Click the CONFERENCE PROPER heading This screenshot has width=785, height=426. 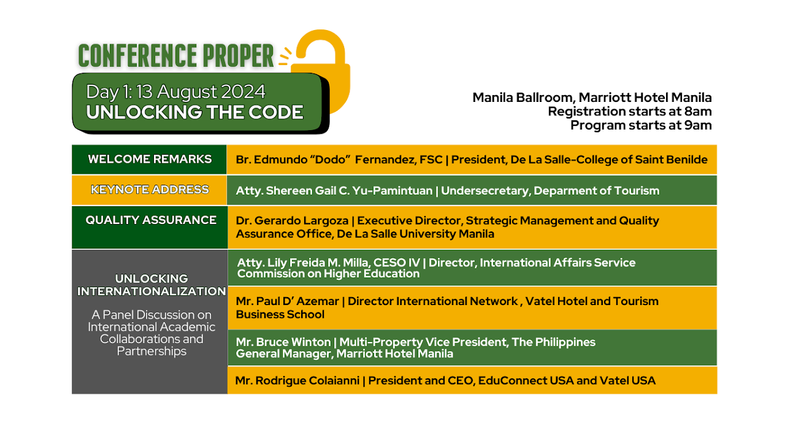(x=176, y=56)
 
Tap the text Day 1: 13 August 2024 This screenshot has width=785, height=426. (x=176, y=92)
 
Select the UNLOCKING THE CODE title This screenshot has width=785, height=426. (x=194, y=112)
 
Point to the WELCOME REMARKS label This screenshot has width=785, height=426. (x=150, y=159)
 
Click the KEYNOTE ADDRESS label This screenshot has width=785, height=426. (x=150, y=190)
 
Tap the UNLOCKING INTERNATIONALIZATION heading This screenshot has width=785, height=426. (x=151, y=285)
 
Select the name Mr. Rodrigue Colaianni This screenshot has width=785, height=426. (x=297, y=381)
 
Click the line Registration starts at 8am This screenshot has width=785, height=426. (x=629, y=111)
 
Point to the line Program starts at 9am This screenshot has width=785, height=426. (x=641, y=125)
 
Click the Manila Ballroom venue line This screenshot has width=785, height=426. (x=592, y=98)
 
